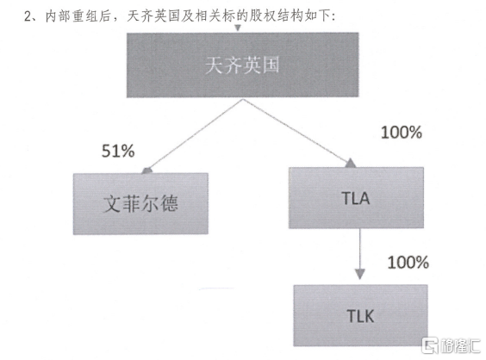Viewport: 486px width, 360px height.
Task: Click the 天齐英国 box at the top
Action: [243, 65]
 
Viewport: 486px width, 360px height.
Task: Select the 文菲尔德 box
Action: [140, 203]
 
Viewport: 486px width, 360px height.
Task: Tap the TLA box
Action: [356, 198]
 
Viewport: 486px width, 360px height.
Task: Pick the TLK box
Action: [360, 315]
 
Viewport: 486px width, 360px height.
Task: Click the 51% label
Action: [118, 152]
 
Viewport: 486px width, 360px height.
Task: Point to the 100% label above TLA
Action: [402, 133]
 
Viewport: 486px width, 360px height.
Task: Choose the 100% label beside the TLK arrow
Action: [408, 263]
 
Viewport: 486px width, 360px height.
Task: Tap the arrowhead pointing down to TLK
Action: [360, 274]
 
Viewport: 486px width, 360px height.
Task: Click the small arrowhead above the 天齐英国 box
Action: [238, 28]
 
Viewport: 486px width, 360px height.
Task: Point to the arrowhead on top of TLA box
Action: [351, 163]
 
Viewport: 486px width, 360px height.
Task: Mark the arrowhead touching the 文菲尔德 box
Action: [146, 171]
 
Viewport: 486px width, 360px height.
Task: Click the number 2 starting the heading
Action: [28, 16]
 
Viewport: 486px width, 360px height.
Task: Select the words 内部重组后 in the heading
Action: [78, 16]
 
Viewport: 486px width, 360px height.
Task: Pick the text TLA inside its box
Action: [356, 198]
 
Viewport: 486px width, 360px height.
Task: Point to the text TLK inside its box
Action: [360, 316]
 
